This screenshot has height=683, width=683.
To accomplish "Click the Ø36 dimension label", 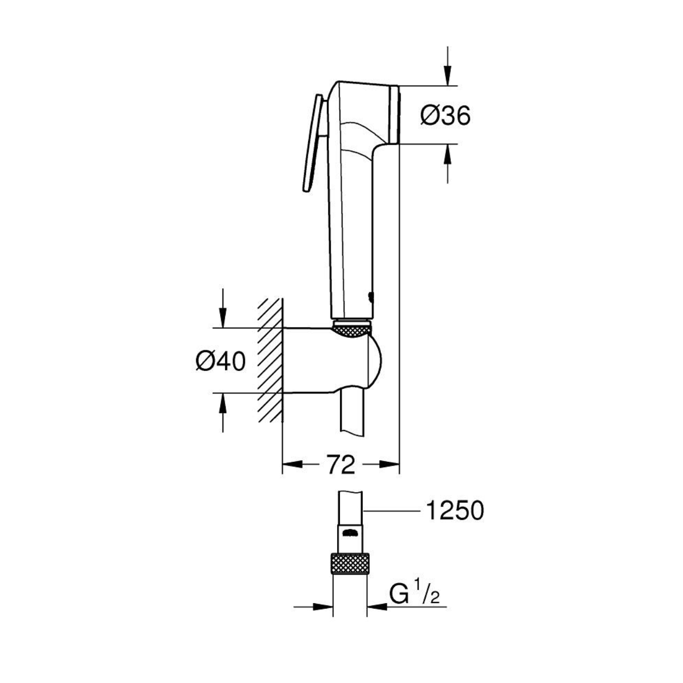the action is tap(445, 115).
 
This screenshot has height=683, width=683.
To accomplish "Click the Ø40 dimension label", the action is tap(220, 362).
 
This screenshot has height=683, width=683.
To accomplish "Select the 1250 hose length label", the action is tap(455, 511).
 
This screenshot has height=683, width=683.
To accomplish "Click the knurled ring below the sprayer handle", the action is tap(352, 329).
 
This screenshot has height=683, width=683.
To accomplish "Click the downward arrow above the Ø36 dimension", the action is tap(448, 66).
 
